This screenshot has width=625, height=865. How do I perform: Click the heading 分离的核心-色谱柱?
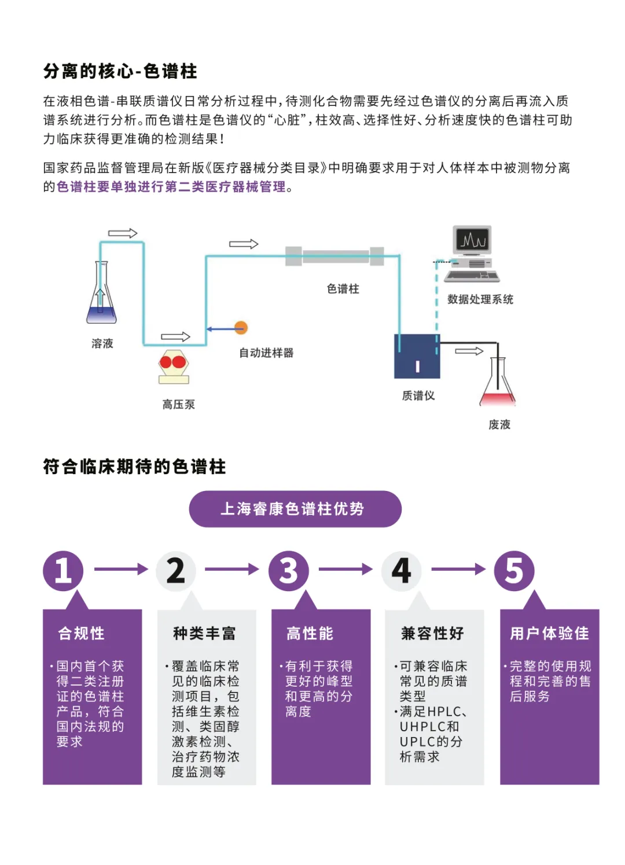pyautogui.click(x=120, y=71)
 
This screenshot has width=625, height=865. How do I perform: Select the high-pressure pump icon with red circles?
pyautogui.click(x=174, y=366)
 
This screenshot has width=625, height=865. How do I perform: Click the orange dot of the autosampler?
pyautogui.click(x=241, y=328)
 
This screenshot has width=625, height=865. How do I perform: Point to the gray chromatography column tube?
pyautogui.click(x=335, y=256)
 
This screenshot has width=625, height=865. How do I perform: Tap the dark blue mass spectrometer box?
pyautogui.click(x=417, y=356)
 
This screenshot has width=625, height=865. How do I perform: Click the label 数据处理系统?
pyautogui.click(x=480, y=299)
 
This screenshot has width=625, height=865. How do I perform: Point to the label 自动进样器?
pyautogui.click(x=266, y=353)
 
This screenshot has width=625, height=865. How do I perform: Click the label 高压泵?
pyautogui.click(x=178, y=404)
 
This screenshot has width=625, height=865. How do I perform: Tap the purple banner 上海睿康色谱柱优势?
pyautogui.click(x=295, y=509)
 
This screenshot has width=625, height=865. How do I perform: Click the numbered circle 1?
pyautogui.click(x=63, y=570)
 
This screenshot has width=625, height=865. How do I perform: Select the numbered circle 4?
pyautogui.click(x=402, y=570)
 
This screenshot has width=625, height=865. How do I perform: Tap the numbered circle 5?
pyautogui.click(x=514, y=570)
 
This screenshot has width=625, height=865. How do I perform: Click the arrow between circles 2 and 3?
pyautogui.click(x=232, y=569)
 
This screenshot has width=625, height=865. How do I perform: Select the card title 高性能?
pyautogui.click(x=310, y=633)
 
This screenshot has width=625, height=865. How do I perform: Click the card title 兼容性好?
pyautogui.click(x=433, y=633)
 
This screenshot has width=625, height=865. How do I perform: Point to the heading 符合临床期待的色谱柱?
pyautogui.click(x=134, y=467)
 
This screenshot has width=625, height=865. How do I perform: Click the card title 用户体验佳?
pyautogui.click(x=549, y=633)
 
